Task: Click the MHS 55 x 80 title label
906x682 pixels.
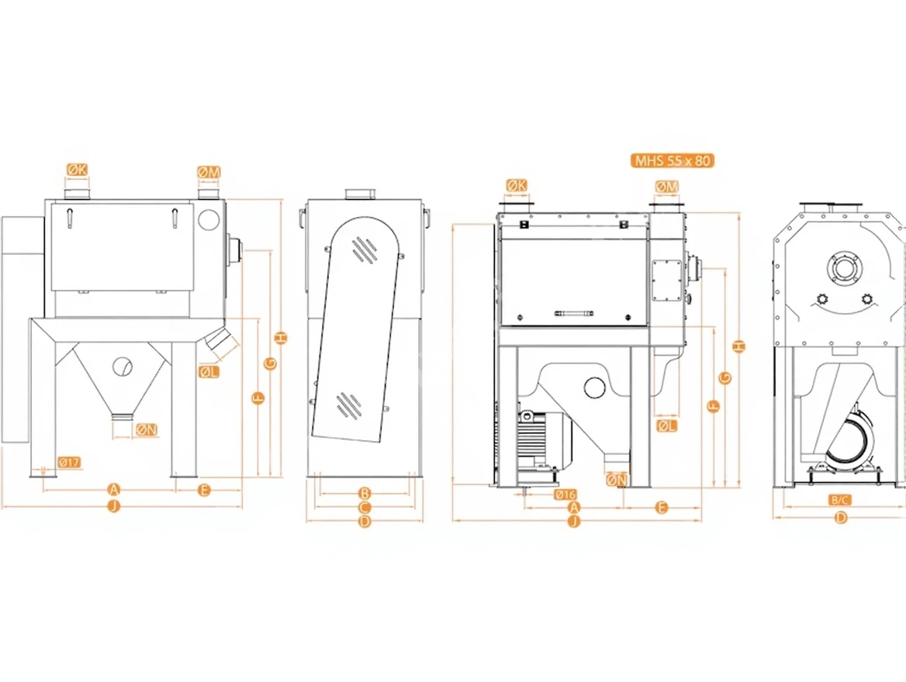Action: pyautogui.click(x=673, y=161)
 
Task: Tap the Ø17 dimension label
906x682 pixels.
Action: pyautogui.click(x=69, y=463)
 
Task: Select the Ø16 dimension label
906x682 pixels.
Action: pyautogui.click(x=565, y=494)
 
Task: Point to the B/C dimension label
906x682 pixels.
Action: pyautogui.click(x=840, y=500)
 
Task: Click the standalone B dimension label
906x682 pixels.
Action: pyautogui.click(x=365, y=492)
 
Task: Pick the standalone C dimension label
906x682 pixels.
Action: pyautogui.click(x=365, y=507)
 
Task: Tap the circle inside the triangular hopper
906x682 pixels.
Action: pyautogui.click(x=123, y=366)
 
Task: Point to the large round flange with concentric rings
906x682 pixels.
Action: pyautogui.click(x=842, y=269)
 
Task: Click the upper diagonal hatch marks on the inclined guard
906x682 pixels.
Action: pyautogui.click(x=363, y=249)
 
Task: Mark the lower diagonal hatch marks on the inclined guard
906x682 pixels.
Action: pyautogui.click(x=347, y=403)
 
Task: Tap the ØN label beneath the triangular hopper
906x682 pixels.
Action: pyautogui.click(x=146, y=429)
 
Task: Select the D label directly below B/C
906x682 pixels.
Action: pyautogui.click(x=840, y=518)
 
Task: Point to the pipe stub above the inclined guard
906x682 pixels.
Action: pyautogui.click(x=360, y=193)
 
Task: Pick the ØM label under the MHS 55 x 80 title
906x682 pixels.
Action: pyautogui.click(x=666, y=187)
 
